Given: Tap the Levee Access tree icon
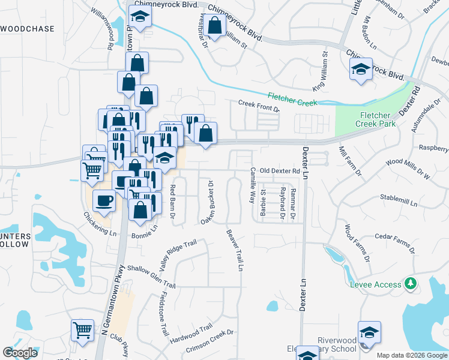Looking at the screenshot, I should pos(410,283).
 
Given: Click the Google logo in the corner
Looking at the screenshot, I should pos(20,353).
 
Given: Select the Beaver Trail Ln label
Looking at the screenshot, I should pos(235,250).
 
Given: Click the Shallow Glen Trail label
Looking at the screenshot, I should pos(151,277).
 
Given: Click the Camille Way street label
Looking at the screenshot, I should pos(253,185).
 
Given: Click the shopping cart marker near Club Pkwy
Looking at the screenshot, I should pos(82,329).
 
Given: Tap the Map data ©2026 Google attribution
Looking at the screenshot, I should pos(411,355).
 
